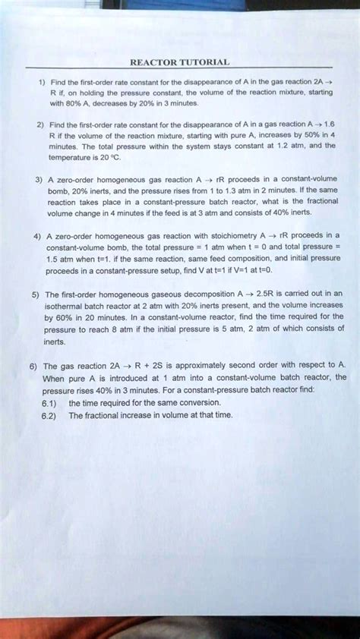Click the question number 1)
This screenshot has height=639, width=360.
pyautogui.click(x=33, y=83)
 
